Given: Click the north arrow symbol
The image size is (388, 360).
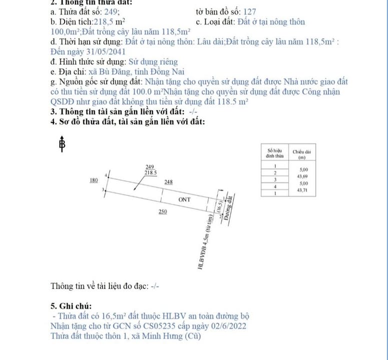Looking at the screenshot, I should tap(62, 144).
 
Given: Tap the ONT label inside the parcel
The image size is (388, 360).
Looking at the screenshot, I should tap(185, 199).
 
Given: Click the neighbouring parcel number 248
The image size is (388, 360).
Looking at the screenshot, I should tap(169, 182).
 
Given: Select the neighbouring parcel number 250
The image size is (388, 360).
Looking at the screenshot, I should tap(163, 212).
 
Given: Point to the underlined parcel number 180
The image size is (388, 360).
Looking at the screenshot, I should tap(93, 180).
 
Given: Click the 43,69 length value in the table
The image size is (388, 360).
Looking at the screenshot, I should tap(302, 176).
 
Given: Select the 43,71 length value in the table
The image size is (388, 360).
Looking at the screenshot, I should tap(302, 190).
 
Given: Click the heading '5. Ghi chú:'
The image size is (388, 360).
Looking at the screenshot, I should tap(71, 305).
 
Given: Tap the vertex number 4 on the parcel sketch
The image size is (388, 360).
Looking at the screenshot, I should tap(106, 175).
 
